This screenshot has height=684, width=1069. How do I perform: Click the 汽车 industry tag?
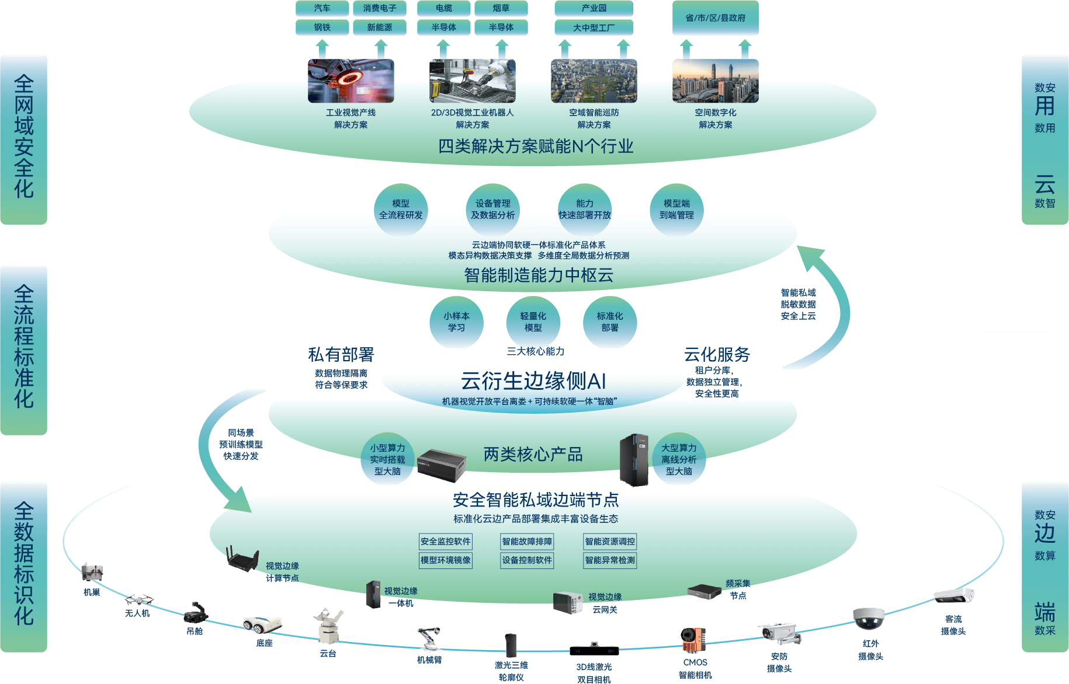click(322, 8)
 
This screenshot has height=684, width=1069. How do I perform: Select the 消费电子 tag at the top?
click(379, 8)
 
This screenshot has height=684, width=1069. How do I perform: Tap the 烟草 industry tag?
click(501, 8)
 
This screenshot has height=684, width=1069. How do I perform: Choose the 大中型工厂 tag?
click(593, 27)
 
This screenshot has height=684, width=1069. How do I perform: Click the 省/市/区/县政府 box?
click(715, 18)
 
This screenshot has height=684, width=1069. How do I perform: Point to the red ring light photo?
click(350, 81)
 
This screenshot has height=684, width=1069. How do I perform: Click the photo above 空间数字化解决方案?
click(715, 81)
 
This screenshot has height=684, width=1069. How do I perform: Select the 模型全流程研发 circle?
click(401, 210)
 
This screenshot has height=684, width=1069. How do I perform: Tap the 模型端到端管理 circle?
click(676, 210)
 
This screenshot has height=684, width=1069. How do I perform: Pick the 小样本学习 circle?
click(456, 322)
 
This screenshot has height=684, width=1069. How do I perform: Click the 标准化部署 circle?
click(609, 322)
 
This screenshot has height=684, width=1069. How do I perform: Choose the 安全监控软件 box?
click(445, 542)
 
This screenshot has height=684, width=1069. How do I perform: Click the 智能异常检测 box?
click(609, 560)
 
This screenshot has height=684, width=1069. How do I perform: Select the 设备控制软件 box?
click(527, 560)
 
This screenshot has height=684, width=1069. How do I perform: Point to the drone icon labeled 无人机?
click(138, 600)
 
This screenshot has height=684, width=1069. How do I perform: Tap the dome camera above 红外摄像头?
click(869, 619)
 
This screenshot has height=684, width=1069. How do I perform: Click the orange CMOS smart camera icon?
click(693, 640)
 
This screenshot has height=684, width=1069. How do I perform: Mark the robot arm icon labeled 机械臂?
click(429, 638)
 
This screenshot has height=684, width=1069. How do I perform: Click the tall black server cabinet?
click(634, 460)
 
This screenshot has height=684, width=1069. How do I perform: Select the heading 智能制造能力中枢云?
click(539, 275)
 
